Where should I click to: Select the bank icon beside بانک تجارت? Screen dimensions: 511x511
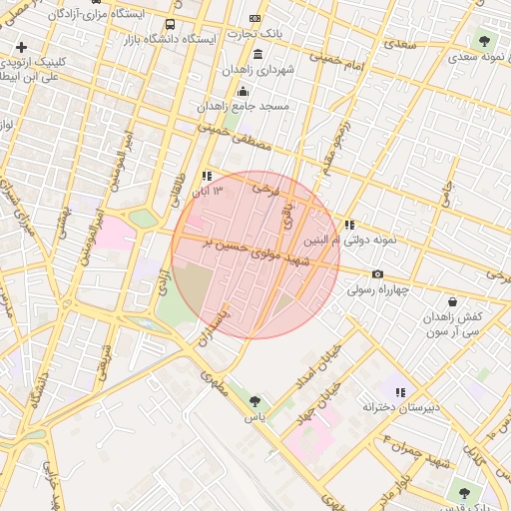tap(255, 18)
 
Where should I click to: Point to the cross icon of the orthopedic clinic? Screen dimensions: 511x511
tap(21, 47)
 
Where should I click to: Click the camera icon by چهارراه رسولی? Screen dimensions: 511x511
tap(377, 274)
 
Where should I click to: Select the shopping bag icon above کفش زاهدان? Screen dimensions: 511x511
tap(453, 300)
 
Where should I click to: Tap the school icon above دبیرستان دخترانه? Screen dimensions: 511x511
tap(400, 392)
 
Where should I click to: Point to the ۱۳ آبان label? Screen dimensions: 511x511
tap(207, 190)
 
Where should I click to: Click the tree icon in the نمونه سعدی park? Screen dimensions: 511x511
tap(484, 42)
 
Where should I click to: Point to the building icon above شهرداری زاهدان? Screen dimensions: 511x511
tap(258, 54)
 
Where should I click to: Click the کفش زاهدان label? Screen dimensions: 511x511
tap(454, 315)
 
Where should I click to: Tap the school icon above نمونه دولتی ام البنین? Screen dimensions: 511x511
tap(348, 226)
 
